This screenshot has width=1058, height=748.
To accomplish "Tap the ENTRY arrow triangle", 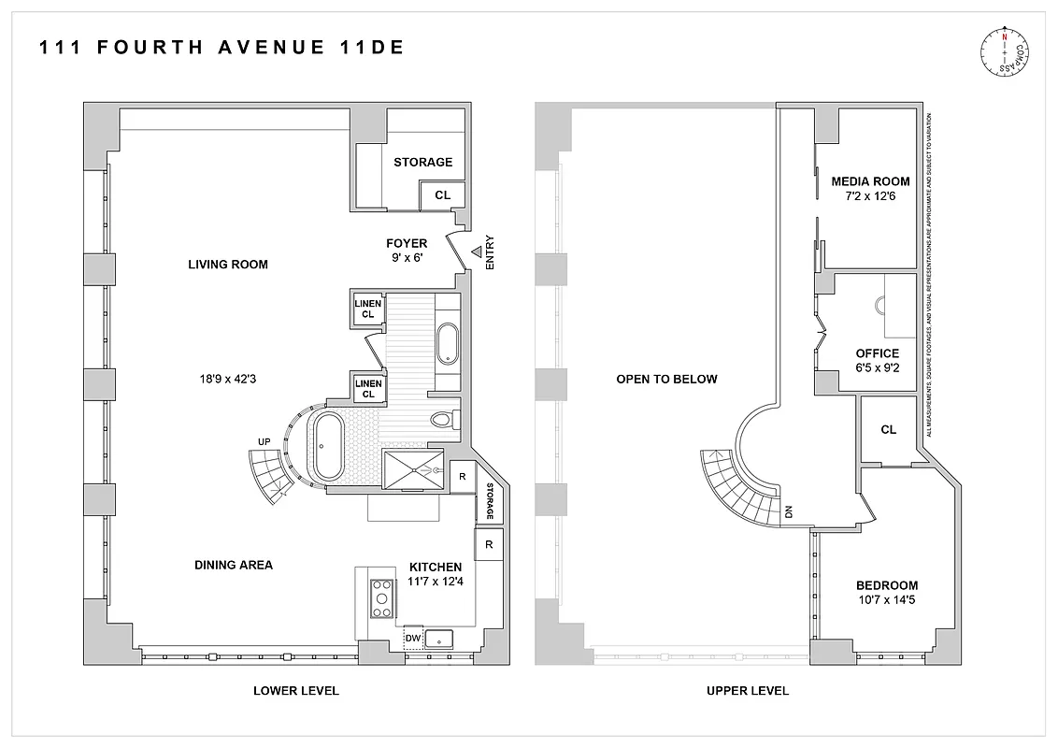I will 476,252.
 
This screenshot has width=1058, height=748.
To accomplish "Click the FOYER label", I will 407,243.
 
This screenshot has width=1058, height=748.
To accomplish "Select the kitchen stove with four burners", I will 382,597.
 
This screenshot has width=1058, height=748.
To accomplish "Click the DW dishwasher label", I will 411,640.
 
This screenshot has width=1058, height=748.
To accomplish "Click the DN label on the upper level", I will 789,511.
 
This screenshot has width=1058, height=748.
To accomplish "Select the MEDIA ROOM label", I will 870,181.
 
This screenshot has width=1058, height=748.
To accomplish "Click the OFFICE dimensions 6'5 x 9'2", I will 877,368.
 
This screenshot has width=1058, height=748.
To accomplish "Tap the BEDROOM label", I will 886,585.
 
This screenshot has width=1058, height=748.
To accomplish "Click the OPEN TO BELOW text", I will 666,379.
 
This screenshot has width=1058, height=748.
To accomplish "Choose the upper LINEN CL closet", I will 367,309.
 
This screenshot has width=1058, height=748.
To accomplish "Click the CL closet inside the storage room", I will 442,195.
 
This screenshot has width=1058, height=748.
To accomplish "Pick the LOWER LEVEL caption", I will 296,691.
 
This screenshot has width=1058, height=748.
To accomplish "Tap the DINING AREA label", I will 234,565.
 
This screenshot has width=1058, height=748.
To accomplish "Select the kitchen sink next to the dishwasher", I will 439,640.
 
